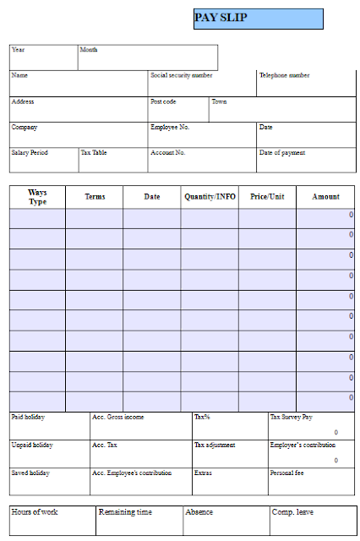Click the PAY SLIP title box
(259, 19)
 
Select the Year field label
(19, 50)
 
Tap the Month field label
(89, 50)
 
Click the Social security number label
(182, 75)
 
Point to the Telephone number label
(285, 75)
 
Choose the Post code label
(163, 101)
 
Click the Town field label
(219, 101)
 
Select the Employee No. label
(170, 127)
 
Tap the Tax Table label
(94, 153)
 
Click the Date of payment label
(282, 153)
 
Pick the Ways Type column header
(37, 197)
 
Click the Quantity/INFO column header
(210, 197)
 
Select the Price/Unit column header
(267, 197)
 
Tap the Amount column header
(325, 197)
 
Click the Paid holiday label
(28, 417)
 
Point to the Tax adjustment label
(215, 445)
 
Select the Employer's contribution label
(303, 445)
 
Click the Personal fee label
(287, 473)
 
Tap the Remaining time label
(125, 512)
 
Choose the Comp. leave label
(292, 512)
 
